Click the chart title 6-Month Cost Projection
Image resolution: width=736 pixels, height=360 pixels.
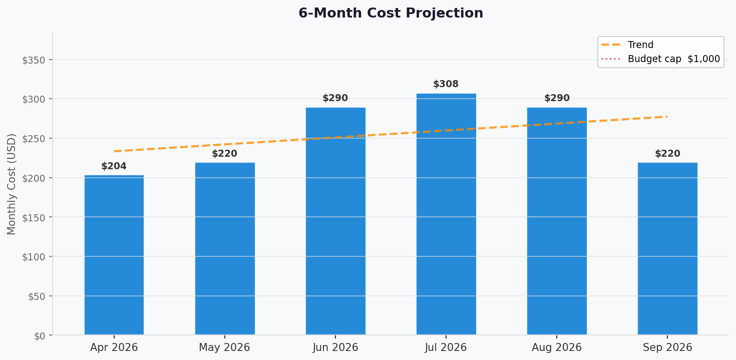click(391, 14)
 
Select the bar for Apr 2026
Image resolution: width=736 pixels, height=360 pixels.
click(114, 255)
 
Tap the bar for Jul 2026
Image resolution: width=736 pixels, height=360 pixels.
click(446, 215)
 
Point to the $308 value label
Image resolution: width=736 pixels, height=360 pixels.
click(446, 84)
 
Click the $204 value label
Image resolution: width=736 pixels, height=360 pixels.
click(114, 166)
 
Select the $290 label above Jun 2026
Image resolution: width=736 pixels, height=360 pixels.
click(335, 98)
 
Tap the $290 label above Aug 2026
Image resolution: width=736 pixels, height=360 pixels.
click(557, 98)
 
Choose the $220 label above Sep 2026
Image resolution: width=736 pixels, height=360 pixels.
click(667, 154)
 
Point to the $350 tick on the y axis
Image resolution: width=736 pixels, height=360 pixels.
click(34, 60)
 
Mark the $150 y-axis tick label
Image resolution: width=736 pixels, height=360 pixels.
click(34, 218)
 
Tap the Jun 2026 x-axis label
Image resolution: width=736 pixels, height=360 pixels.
click(335, 347)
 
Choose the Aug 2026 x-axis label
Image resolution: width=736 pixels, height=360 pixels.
click(557, 347)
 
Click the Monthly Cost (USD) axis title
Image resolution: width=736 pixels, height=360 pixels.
click(12, 184)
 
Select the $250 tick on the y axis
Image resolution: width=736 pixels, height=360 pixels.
click(34, 139)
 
